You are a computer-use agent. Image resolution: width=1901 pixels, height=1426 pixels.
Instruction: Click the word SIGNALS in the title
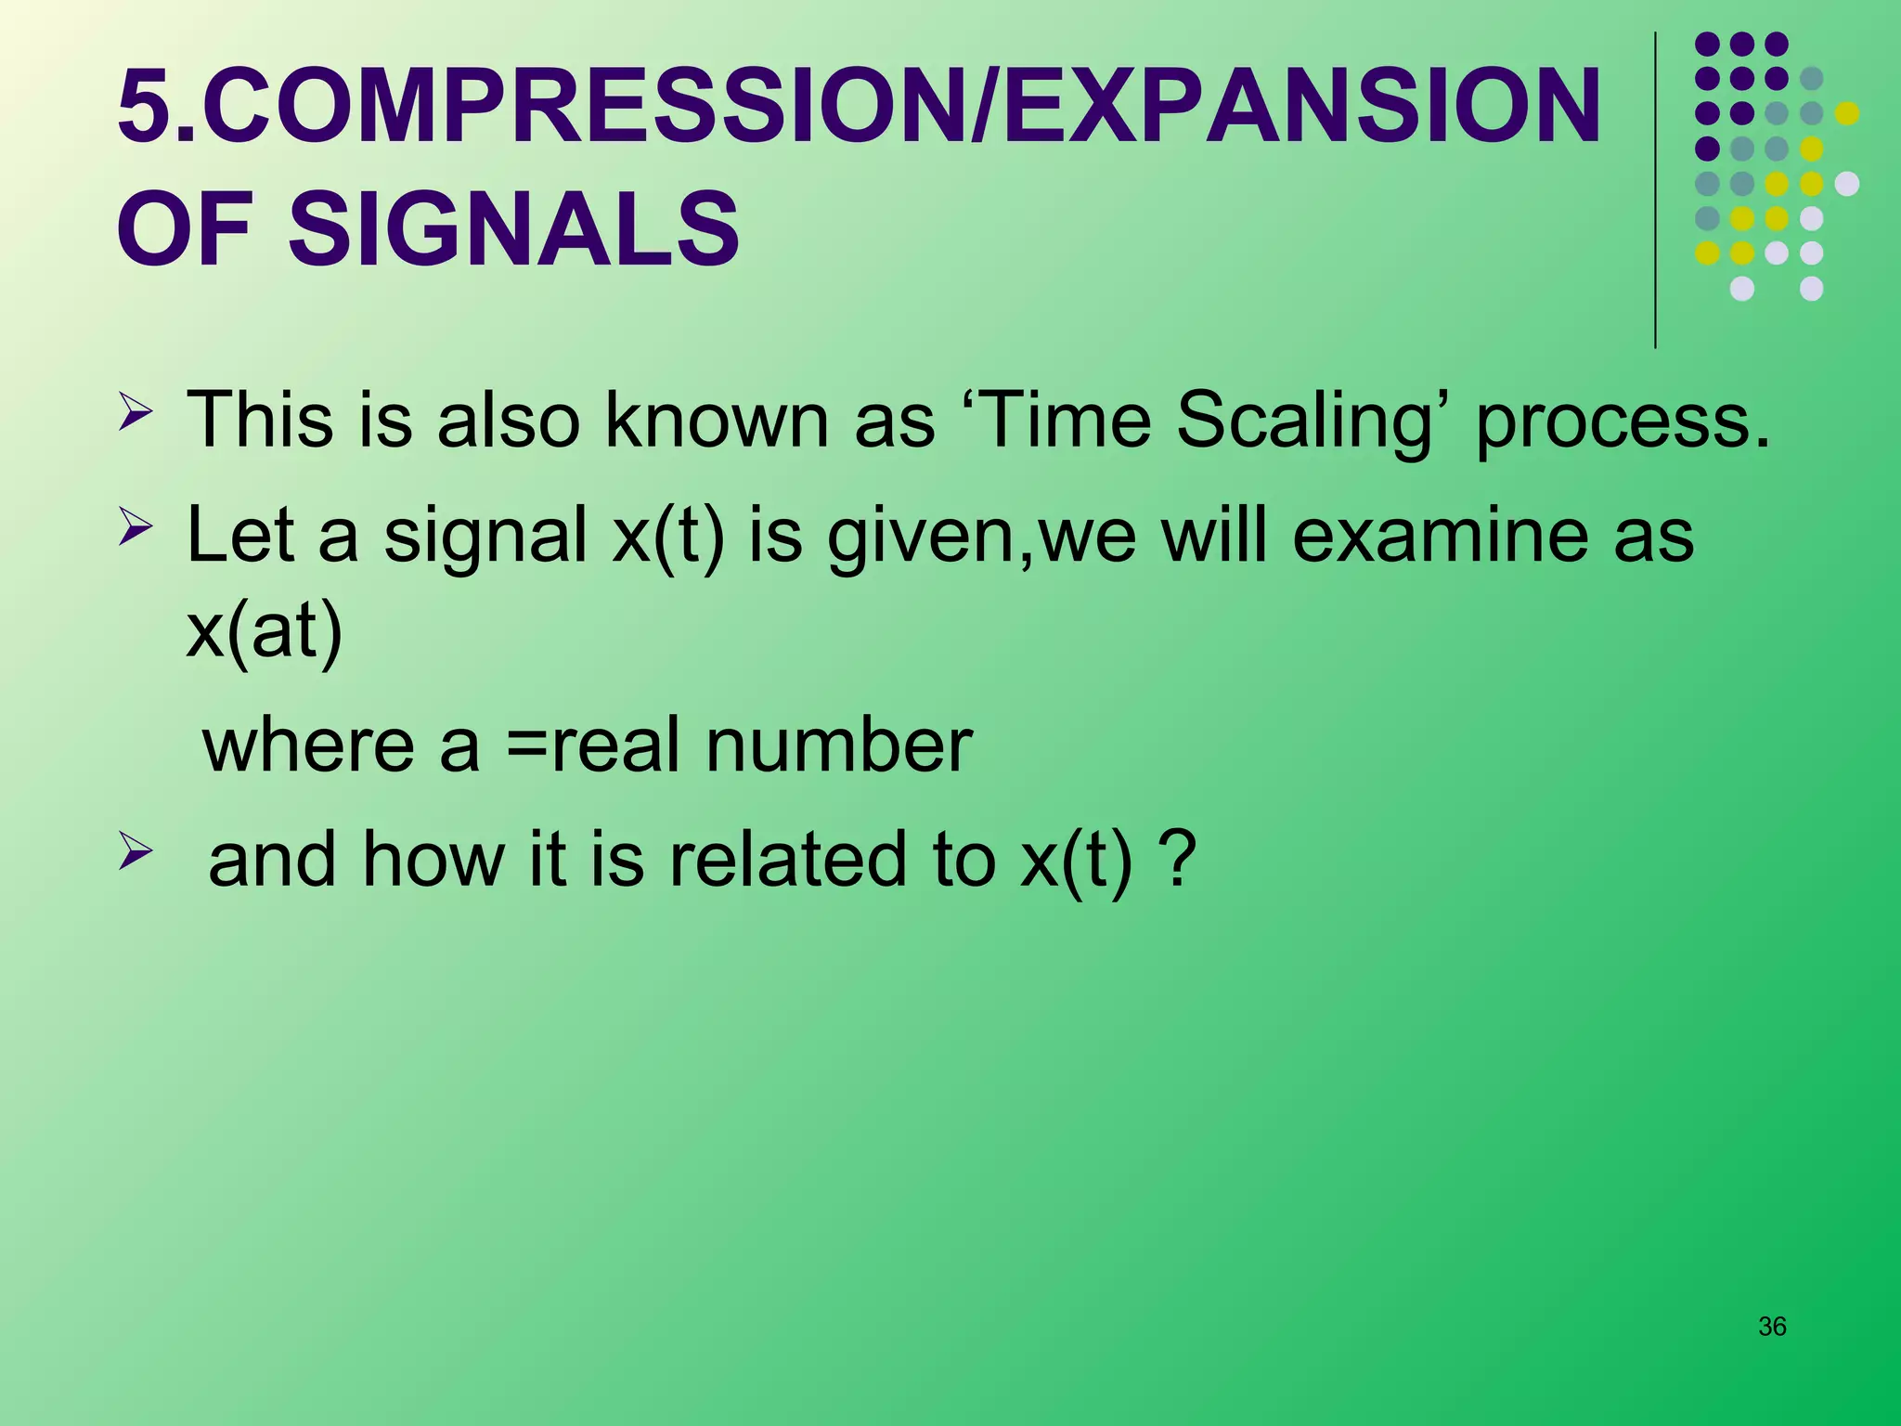click(x=513, y=229)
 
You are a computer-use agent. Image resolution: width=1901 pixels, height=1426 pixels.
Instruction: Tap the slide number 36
click(x=1772, y=1327)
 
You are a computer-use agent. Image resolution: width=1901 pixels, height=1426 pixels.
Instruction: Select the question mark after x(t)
click(x=1177, y=860)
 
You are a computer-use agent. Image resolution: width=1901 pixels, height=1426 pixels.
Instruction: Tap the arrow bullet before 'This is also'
click(x=135, y=411)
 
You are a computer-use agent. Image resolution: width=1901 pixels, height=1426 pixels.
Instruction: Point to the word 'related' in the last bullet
click(x=786, y=860)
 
